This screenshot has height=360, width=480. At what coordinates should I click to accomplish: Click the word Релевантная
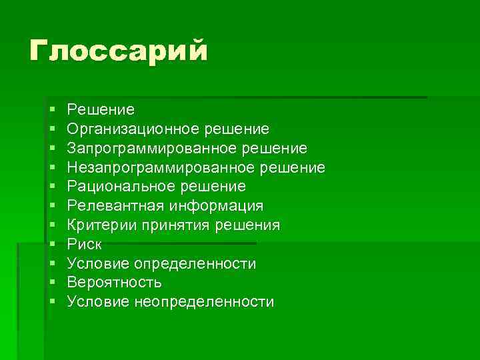[x=117, y=205]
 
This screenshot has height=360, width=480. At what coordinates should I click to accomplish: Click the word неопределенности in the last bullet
[x=213, y=302]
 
